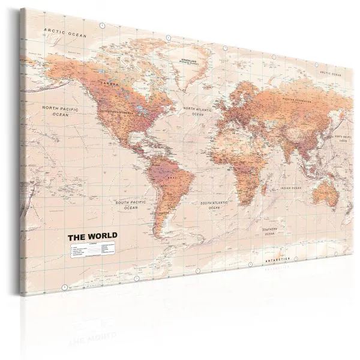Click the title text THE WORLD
94,220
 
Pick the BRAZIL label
176,162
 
